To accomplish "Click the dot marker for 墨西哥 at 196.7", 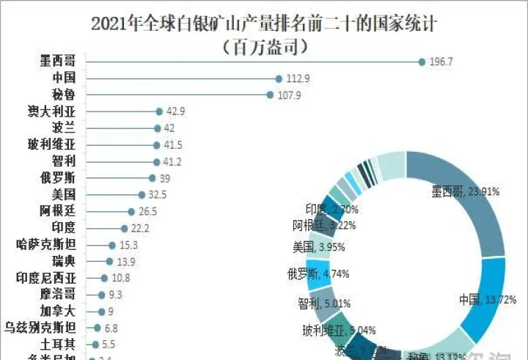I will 422,62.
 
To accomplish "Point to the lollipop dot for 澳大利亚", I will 158,111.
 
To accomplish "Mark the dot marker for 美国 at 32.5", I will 141,195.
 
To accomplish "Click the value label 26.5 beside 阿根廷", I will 147,212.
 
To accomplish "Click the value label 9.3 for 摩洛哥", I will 115,295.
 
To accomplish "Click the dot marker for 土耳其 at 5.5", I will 95,344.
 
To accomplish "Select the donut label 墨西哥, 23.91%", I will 465,192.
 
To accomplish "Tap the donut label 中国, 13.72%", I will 488,299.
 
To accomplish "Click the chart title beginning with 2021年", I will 264,23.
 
